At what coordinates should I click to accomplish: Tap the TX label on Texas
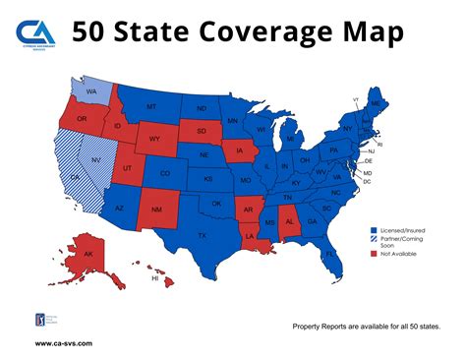[x=203, y=235]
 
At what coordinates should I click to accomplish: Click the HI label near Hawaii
[x=154, y=278]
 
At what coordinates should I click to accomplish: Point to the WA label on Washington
[x=90, y=94]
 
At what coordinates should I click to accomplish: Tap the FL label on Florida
[x=330, y=253]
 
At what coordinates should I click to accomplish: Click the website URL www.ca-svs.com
[x=64, y=343]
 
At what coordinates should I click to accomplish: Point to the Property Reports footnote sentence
[x=366, y=326]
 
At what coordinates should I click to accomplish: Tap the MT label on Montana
[x=152, y=106]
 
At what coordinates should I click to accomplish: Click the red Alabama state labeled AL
[x=290, y=222]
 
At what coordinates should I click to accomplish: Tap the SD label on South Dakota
[x=201, y=131]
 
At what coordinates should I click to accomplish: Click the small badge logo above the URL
[x=40, y=320]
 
